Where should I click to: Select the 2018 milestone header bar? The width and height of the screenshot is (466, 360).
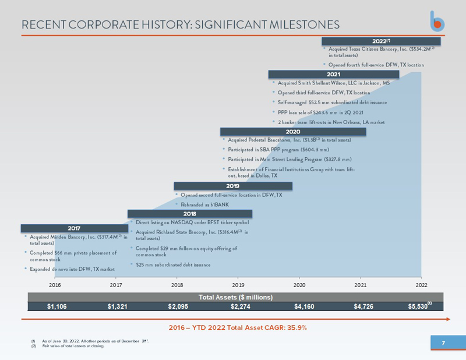coord(189,214)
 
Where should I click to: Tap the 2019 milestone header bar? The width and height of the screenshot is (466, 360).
coord(233,186)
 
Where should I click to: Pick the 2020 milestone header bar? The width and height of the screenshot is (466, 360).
coord(292,132)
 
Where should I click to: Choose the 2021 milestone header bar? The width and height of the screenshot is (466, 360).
coord(333,75)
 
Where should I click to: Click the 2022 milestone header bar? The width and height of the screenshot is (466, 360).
coord(382,41)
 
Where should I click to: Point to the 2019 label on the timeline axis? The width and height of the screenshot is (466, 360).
coord(238,285)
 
